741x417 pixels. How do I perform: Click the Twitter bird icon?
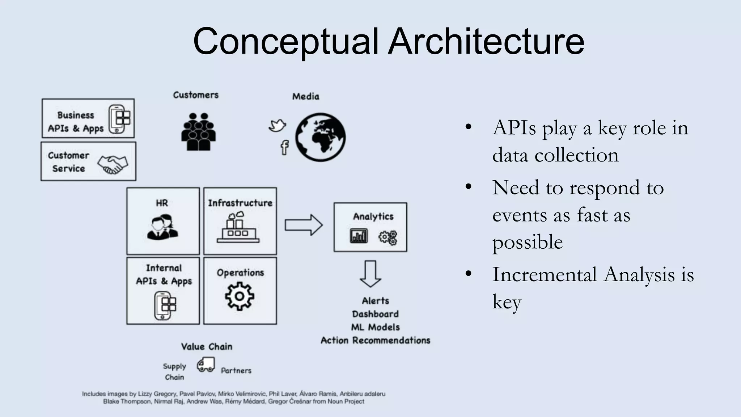277,126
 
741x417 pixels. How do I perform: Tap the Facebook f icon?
285,147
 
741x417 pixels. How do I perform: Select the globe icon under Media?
320,137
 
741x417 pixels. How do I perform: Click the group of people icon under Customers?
198,132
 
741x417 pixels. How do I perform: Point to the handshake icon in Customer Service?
113,164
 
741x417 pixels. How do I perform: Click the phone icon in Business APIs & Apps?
119,119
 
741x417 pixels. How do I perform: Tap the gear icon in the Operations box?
240,296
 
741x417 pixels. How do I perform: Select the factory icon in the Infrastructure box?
238,228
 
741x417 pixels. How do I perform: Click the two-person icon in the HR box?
162,227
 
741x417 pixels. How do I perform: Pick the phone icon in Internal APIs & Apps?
165,306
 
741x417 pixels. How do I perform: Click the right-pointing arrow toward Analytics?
303,225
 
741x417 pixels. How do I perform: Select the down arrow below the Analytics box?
370,274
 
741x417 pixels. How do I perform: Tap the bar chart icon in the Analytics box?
359,236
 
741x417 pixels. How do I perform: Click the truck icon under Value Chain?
206,365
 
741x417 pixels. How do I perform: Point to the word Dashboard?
375,314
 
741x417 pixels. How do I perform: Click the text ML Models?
375,327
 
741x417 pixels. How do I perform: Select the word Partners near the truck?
236,370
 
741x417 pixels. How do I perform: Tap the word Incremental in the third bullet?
544,274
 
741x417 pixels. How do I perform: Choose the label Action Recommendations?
375,340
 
